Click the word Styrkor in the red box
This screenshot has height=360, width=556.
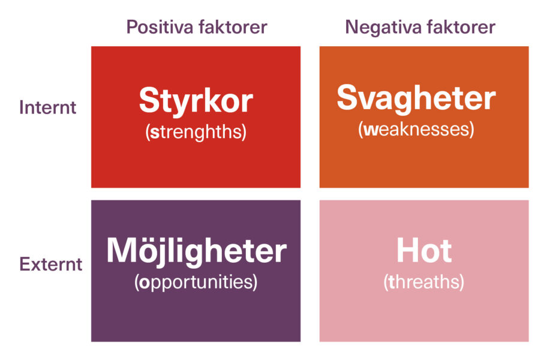pyautogui.click(x=196, y=101)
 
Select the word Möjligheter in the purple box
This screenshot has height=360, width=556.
pyautogui.click(x=196, y=252)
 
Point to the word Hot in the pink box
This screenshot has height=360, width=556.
pyautogui.click(x=423, y=252)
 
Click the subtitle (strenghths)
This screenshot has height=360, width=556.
pyautogui.click(x=196, y=133)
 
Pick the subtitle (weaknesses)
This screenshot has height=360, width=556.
pyautogui.click(x=416, y=129)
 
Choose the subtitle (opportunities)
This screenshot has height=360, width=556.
pyautogui.click(x=196, y=282)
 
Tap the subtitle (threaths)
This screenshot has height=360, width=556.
pyautogui.click(x=423, y=282)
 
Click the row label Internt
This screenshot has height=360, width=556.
pyautogui.click(x=48, y=107)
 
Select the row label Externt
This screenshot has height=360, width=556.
pyautogui.click(x=50, y=264)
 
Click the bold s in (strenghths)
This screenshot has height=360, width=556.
pyautogui.click(x=154, y=133)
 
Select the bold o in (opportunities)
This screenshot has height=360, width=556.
pyautogui.click(x=143, y=283)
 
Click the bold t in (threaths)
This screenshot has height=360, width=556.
pyautogui.click(x=392, y=282)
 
